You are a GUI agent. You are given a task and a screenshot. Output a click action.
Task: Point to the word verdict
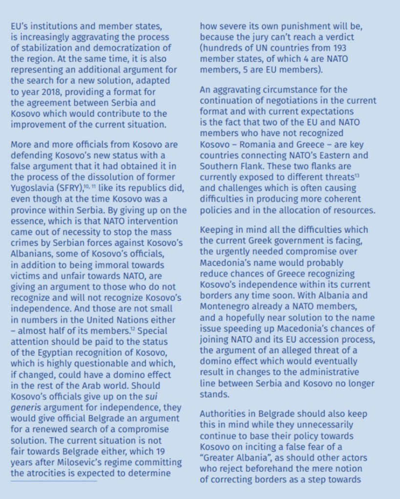tap(340, 37)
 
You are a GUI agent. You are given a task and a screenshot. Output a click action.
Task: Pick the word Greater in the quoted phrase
tap(219, 458)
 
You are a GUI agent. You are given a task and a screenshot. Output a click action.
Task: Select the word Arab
tap(108, 386)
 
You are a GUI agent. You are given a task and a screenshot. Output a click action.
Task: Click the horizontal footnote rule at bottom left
tap(54, 481)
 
